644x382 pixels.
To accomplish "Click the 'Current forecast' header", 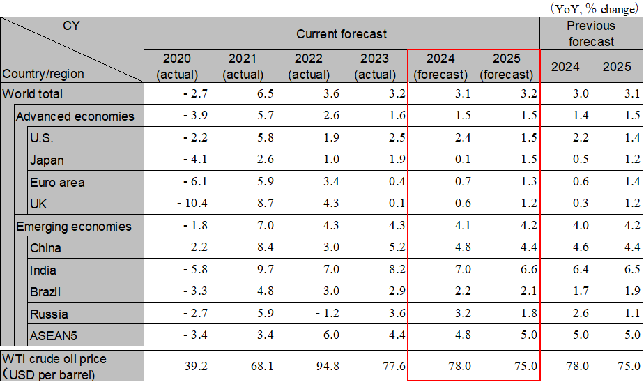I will (x=342, y=33).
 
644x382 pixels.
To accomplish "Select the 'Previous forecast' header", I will (x=590, y=33).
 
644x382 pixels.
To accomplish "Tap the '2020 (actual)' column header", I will (x=177, y=66).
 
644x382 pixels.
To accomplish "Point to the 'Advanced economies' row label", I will (x=75, y=116).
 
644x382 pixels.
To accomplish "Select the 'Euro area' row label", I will (x=57, y=183).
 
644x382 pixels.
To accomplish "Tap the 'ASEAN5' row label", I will (x=54, y=336).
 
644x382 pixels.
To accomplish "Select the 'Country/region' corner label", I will (x=43, y=73).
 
